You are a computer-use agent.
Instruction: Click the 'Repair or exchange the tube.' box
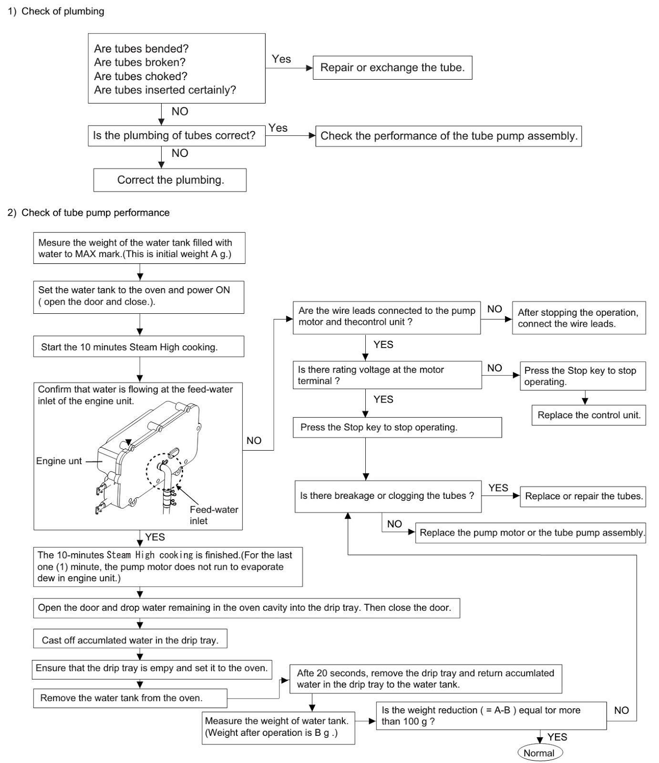[392, 68]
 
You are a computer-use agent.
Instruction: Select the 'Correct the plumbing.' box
[170, 180]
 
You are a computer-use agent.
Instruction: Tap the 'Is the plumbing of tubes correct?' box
[176, 135]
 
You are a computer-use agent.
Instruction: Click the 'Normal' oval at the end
[539, 753]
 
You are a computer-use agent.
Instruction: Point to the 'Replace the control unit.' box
[588, 415]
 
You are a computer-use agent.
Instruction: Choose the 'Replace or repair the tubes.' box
[583, 496]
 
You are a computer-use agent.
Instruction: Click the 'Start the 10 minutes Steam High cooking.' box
[138, 347]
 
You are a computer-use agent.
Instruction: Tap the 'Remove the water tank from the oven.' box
[130, 698]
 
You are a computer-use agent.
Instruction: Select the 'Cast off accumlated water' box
[130, 640]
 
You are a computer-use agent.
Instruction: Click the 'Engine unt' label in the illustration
[59, 461]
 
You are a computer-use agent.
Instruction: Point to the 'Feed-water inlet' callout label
[213, 515]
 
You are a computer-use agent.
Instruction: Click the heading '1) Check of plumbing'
[56, 11]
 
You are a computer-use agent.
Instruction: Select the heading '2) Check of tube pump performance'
[89, 213]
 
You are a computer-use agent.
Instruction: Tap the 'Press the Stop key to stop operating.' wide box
[397, 427]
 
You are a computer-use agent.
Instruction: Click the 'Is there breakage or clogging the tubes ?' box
[388, 496]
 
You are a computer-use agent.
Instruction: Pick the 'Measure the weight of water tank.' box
[278, 727]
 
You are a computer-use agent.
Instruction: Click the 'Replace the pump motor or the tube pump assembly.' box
[531, 533]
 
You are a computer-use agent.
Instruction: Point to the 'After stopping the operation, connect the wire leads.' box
[578, 318]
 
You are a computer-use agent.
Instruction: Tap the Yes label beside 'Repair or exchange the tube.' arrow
[281, 59]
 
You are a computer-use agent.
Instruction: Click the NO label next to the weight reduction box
[621, 710]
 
